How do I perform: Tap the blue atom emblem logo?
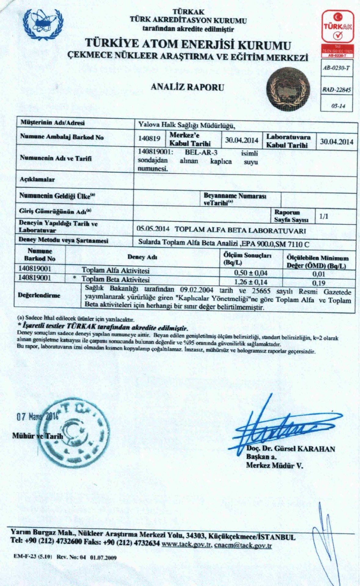(x=45, y=24)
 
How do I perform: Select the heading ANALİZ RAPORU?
(x=187, y=88)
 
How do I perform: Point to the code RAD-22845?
(x=336, y=90)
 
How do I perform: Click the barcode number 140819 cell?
(x=149, y=139)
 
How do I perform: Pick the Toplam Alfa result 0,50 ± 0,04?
(x=250, y=273)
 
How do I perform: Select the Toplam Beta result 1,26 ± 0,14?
(x=250, y=282)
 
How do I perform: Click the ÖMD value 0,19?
(x=318, y=283)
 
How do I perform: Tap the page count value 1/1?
(x=324, y=216)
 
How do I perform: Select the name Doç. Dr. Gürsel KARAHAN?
(x=291, y=449)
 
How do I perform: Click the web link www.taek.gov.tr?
(x=187, y=545)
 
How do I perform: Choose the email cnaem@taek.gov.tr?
(x=243, y=545)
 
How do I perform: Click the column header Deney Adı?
(x=142, y=257)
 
